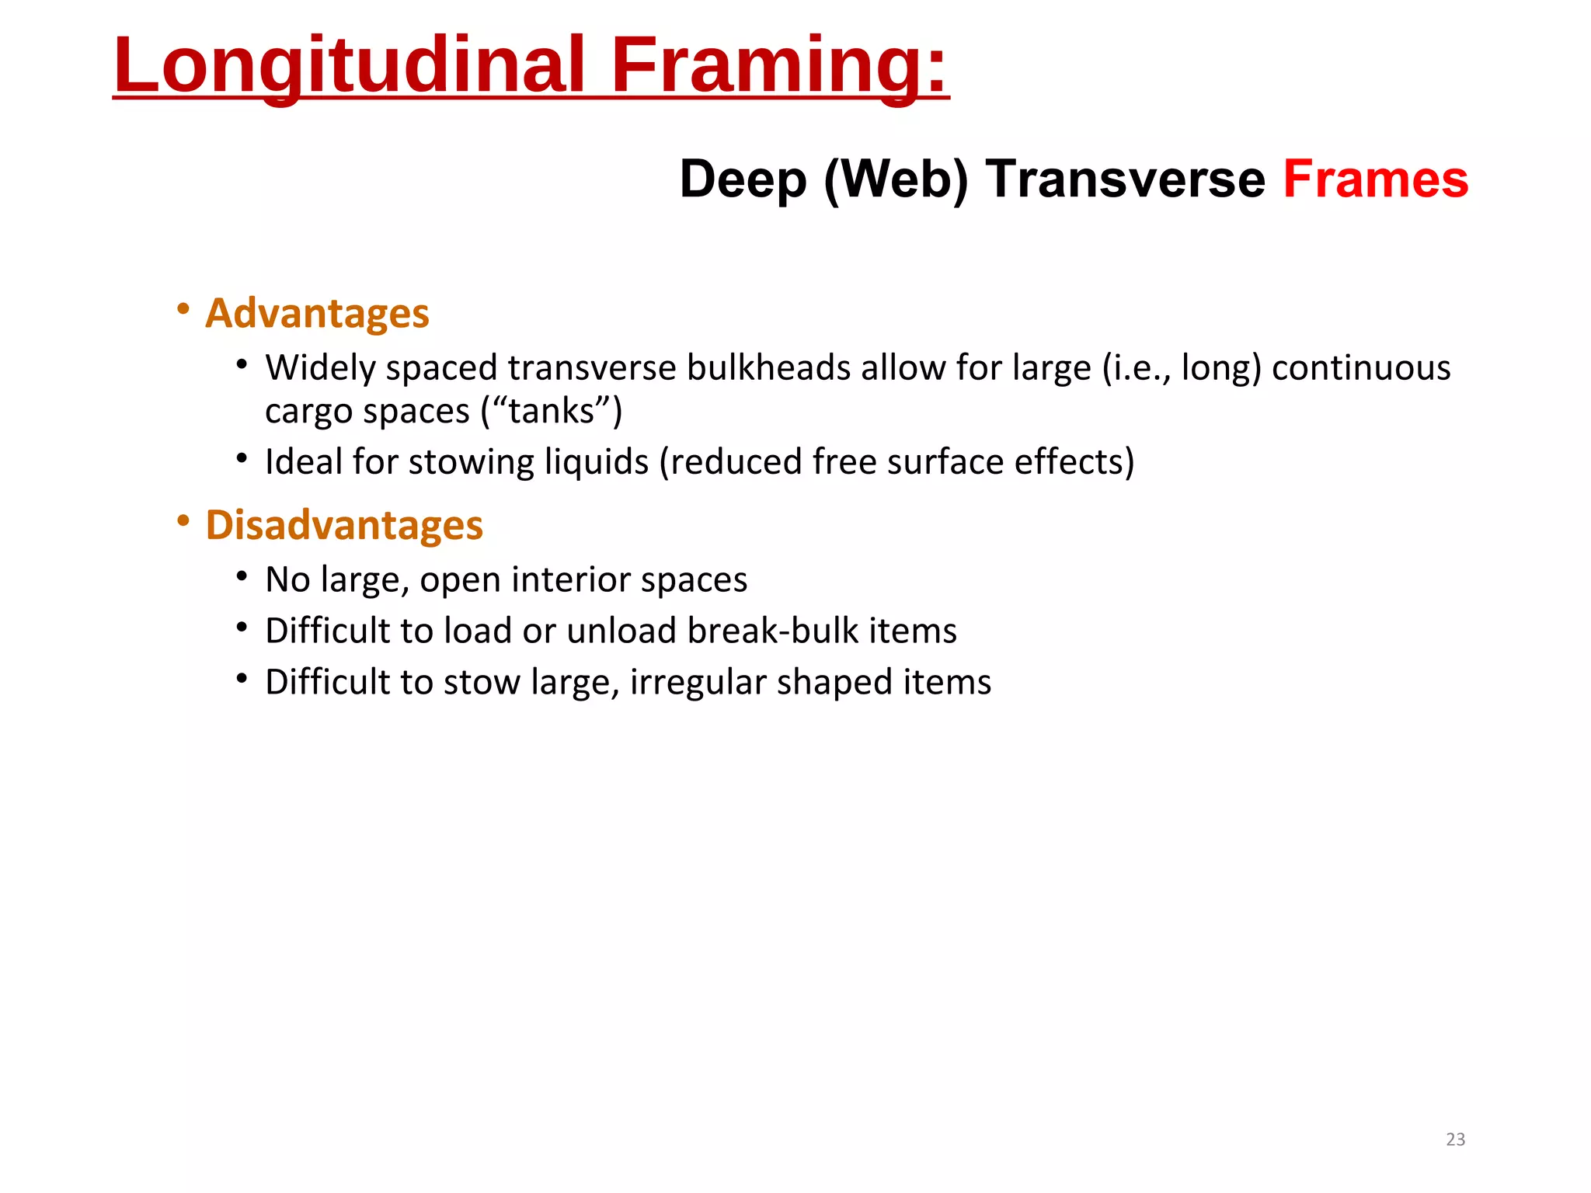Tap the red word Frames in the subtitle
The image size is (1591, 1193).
1375,179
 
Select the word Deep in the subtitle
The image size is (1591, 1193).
743,179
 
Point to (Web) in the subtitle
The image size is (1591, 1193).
896,179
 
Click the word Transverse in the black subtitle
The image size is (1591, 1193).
1125,179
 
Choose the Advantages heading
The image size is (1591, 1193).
317,313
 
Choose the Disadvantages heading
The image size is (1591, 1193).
344,525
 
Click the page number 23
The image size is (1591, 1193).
1455,1139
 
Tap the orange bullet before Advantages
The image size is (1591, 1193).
183,309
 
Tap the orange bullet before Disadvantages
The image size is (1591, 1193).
183,520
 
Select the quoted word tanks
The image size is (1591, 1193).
552,411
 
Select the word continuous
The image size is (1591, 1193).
1360,367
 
